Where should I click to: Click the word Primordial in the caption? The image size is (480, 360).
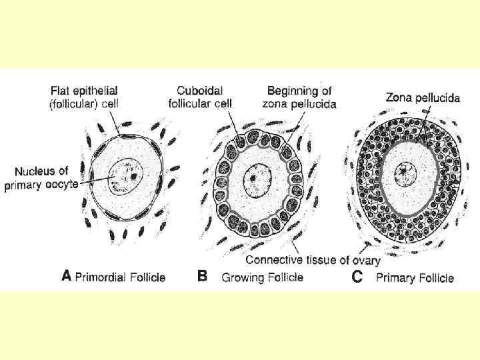pyautogui.click(x=101, y=277)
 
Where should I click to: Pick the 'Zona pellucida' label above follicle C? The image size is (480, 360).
pyautogui.click(x=423, y=97)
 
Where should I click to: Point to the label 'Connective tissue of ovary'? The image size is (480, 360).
pyautogui.click(x=313, y=259)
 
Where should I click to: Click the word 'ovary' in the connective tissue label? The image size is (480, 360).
pyautogui.click(x=365, y=260)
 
